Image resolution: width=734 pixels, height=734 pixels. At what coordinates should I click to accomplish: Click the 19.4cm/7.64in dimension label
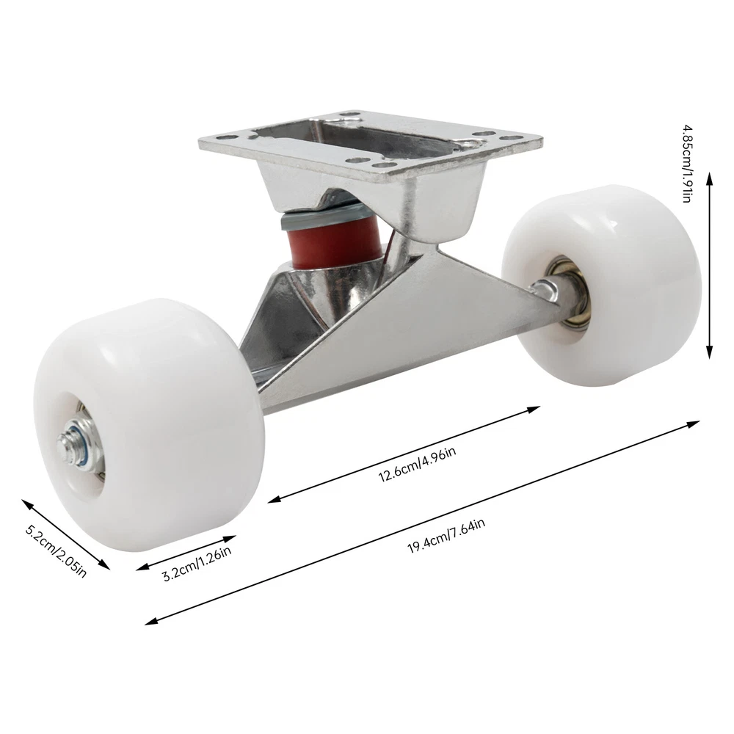(x=446, y=536)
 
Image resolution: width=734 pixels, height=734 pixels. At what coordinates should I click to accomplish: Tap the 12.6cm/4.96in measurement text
(x=417, y=465)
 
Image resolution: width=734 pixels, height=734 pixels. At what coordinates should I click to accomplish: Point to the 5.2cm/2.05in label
(x=56, y=551)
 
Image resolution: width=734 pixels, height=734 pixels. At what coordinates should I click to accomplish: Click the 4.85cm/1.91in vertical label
(x=686, y=164)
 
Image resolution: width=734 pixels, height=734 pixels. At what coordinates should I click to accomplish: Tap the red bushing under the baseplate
(x=335, y=242)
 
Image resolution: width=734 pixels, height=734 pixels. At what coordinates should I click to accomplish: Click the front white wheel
(x=149, y=424)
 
